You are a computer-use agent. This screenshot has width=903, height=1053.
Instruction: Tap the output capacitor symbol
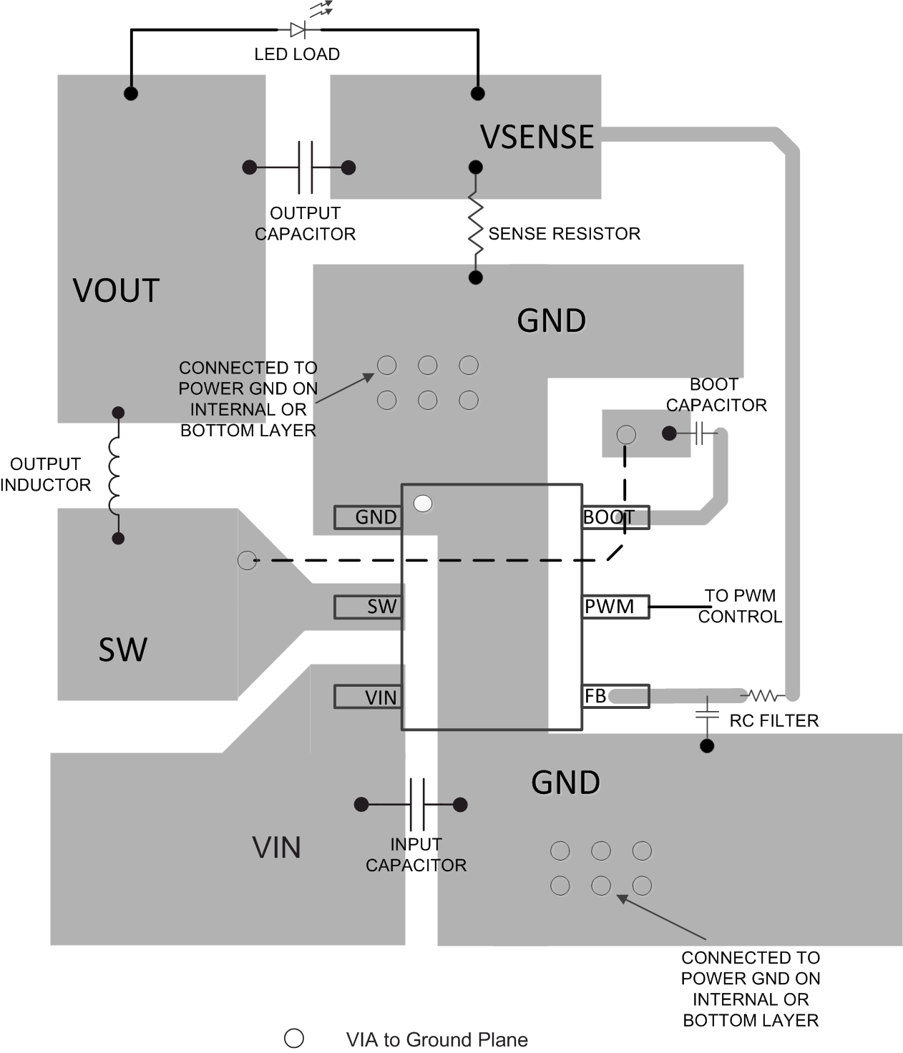click(306, 167)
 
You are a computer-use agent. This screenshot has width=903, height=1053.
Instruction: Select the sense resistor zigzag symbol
click(475, 222)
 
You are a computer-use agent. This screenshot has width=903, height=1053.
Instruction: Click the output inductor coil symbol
click(117, 476)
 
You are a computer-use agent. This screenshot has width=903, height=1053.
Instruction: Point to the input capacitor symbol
click(417, 804)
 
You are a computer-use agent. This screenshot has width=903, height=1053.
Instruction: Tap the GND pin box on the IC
click(368, 517)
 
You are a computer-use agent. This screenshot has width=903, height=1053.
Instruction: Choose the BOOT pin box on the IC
click(615, 517)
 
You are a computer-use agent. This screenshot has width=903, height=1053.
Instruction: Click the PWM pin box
click(615, 607)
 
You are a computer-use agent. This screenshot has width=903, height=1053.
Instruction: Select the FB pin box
click(615, 696)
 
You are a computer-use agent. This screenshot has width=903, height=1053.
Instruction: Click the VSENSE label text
click(537, 137)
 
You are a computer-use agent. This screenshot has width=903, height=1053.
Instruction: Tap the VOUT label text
click(116, 291)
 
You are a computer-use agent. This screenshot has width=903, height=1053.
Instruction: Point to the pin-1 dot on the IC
click(423, 504)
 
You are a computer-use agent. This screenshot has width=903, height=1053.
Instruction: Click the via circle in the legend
click(294, 1038)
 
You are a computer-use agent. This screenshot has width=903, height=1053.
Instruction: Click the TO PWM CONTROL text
click(740, 606)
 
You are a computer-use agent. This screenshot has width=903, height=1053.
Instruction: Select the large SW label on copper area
click(123, 650)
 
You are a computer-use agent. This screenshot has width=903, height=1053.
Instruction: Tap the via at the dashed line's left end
click(247, 560)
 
